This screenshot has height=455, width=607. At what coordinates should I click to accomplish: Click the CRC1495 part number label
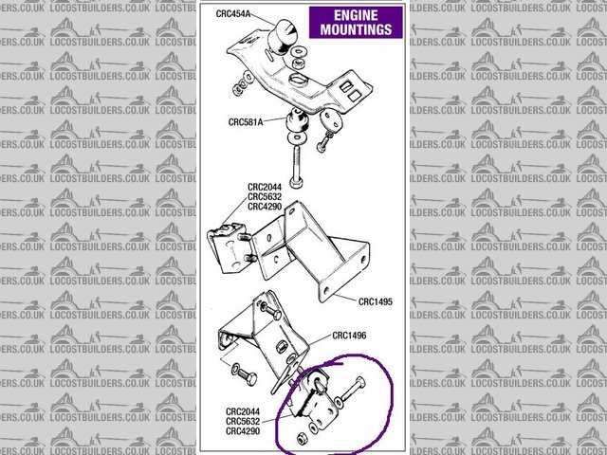pos(375,301)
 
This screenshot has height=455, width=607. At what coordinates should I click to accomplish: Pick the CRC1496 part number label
pos(352,335)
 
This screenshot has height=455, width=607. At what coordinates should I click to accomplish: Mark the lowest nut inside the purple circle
pos(300,440)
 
